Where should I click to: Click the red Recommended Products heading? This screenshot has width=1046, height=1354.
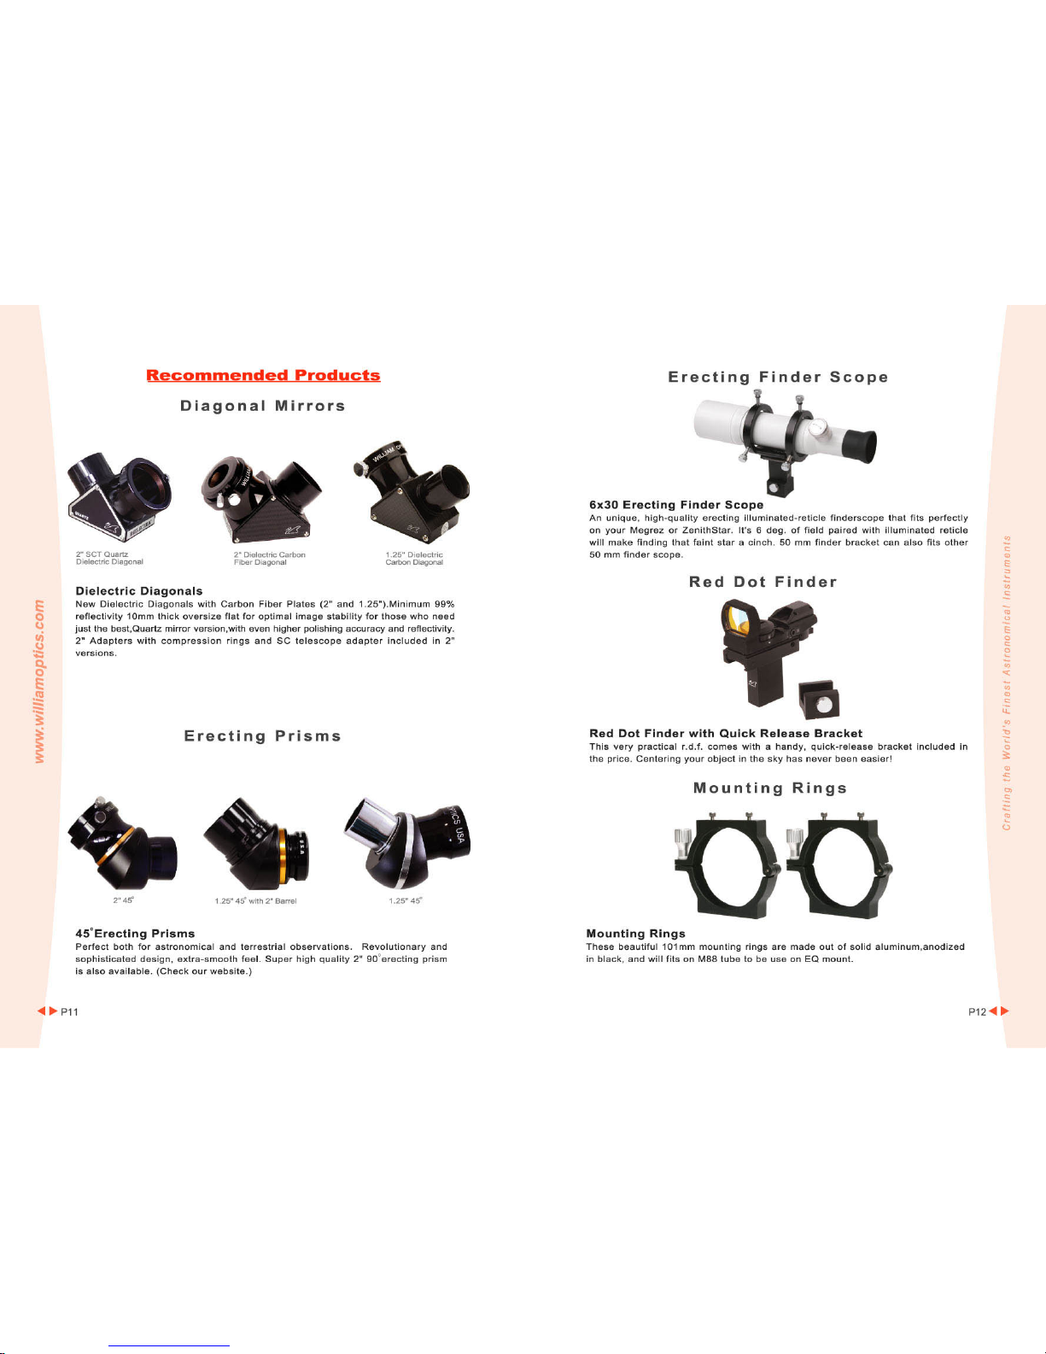[x=263, y=375]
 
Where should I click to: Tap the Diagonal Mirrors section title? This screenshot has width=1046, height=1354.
[x=263, y=406]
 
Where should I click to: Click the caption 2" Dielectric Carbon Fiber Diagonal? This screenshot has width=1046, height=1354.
[x=270, y=559]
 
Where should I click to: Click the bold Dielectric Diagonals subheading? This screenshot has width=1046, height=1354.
[x=139, y=590]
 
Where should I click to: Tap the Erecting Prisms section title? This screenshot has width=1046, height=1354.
[x=263, y=736]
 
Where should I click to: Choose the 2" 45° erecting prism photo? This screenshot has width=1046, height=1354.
[x=123, y=843]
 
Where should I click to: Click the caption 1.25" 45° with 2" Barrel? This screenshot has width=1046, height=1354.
[x=255, y=901]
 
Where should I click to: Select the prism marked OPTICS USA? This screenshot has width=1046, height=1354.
[x=408, y=843]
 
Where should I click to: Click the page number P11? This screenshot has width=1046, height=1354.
[x=69, y=1012]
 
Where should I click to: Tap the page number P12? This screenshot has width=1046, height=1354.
[x=977, y=1012]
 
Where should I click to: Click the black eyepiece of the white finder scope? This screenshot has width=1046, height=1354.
[x=859, y=446]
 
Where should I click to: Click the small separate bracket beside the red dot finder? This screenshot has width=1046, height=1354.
[x=820, y=700]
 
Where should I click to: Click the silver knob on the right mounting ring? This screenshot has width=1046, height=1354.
[x=794, y=841]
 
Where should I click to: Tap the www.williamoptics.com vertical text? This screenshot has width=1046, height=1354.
[x=39, y=681]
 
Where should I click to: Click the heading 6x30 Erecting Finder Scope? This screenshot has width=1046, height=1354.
[x=676, y=505]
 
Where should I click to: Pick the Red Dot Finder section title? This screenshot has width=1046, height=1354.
[x=763, y=582]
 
